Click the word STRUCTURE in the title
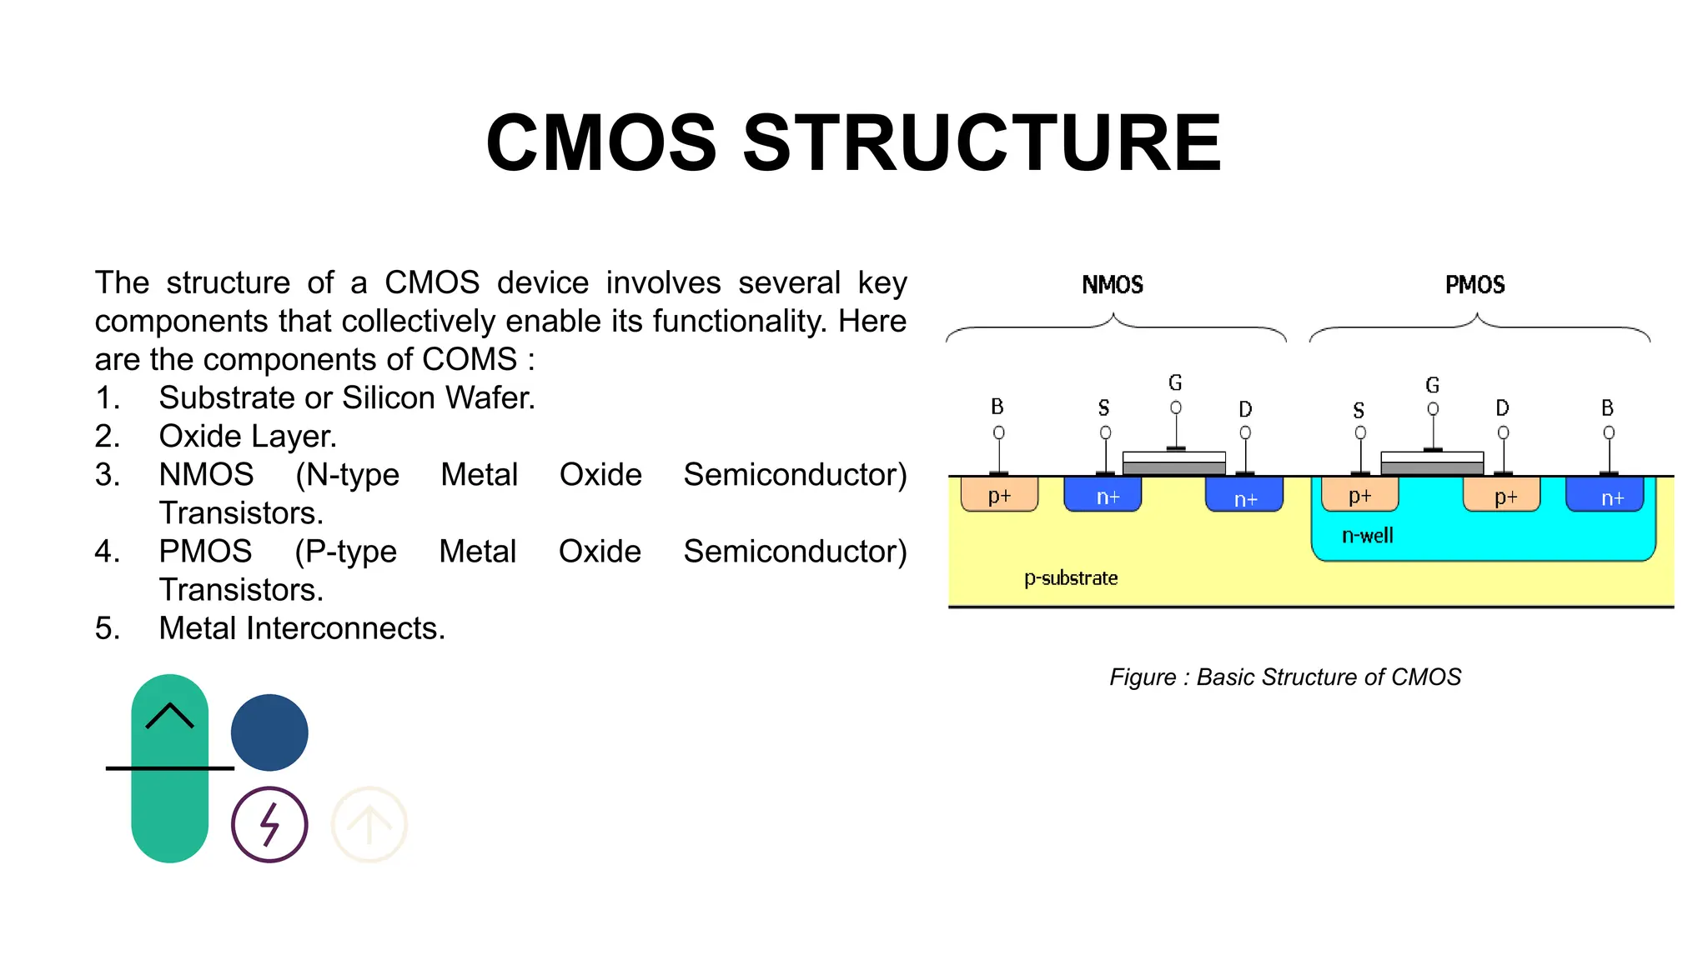982,143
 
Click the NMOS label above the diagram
1112,285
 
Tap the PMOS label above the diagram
1474,285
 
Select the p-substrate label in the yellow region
1070,578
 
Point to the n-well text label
1367,536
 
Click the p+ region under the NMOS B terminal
999,495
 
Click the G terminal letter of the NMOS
1175,383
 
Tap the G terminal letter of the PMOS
1432,385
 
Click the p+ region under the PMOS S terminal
1359,496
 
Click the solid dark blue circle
269,732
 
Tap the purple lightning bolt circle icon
269,824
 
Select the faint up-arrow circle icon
369,824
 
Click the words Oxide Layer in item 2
248,436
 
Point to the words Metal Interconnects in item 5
302,627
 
